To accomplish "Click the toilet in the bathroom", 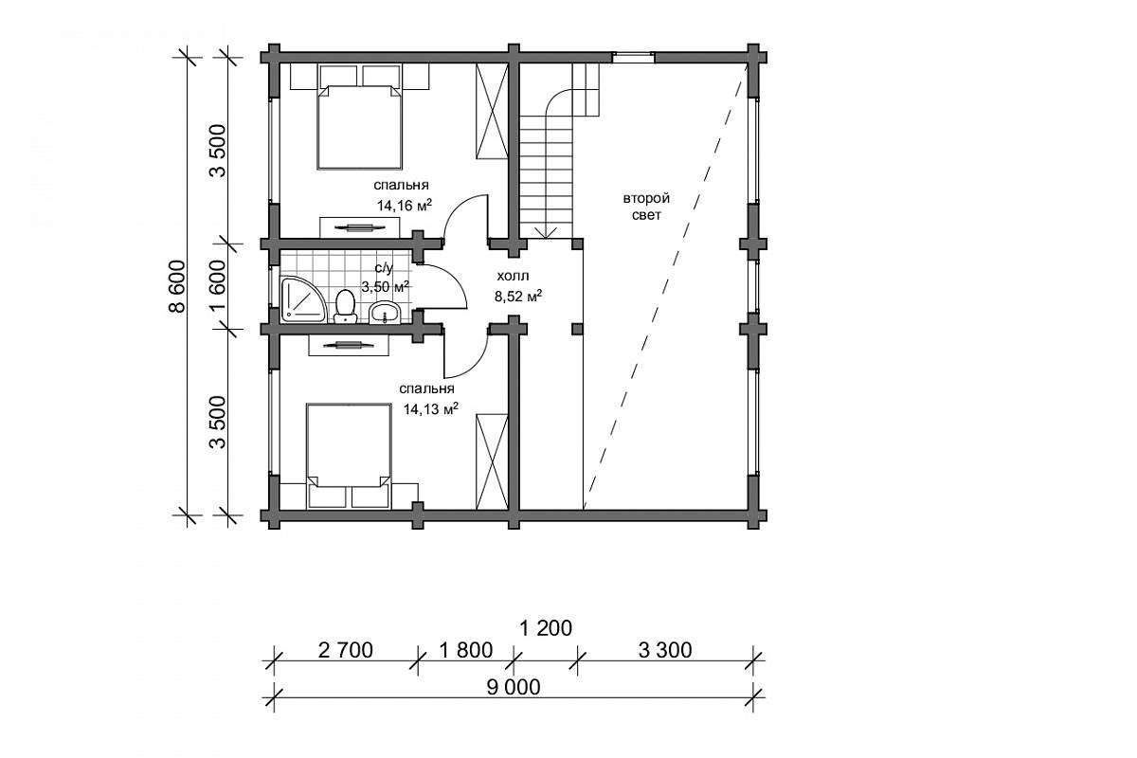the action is (346, 306).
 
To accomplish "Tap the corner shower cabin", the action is (301, 299).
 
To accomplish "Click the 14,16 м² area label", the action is (404, 205).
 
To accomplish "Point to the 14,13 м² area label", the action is (431, 408).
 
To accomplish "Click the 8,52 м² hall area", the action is (517, 296).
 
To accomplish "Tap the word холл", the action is (513, 276).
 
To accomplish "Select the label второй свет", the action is (646, 207).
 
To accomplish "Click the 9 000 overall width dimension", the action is (514, 688).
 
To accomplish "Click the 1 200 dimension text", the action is (546, 628).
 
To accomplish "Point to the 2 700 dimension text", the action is (346, 650).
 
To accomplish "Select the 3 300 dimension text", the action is (665, 650).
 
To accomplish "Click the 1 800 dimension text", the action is (465, 650).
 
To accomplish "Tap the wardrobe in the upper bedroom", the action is (492, 111).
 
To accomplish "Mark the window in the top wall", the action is (633, 58).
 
